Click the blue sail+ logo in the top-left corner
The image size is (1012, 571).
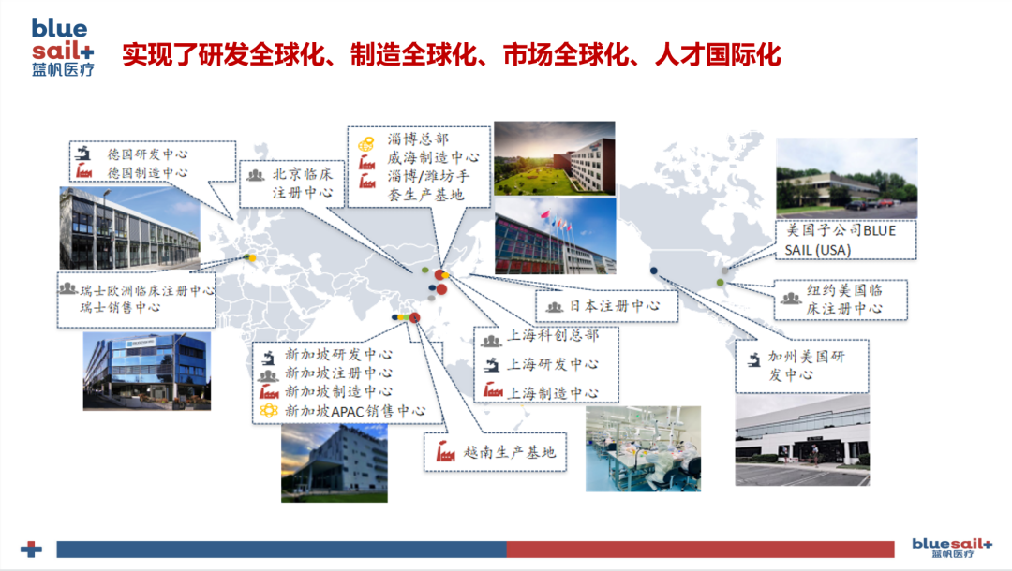point(63,47)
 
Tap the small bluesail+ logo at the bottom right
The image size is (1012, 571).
point(952,548)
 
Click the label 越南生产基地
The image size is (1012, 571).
point(509,452)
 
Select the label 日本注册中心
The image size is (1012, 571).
point(615,306)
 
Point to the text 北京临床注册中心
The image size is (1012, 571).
point(303,183)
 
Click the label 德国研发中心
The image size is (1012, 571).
point(147,154)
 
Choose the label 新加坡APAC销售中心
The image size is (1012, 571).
point(355,411)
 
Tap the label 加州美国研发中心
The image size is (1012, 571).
point(806,365)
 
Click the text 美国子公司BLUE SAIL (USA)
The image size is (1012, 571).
point(840,240)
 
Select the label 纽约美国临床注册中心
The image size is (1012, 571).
point(844,300)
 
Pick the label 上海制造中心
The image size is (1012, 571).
point(553,393)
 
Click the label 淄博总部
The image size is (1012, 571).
point(418,139)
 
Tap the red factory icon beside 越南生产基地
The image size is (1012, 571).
point(445,452)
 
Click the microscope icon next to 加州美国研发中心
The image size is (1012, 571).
point(753,359)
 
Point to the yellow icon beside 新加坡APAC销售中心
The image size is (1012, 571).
point(269,411)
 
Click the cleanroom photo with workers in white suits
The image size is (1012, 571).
point(643,448)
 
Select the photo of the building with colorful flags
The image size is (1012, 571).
point(555,236)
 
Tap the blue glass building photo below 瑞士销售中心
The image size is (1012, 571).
point(146,372)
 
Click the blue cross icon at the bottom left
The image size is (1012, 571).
point(31,549)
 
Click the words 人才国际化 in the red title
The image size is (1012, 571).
point(718,55)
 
